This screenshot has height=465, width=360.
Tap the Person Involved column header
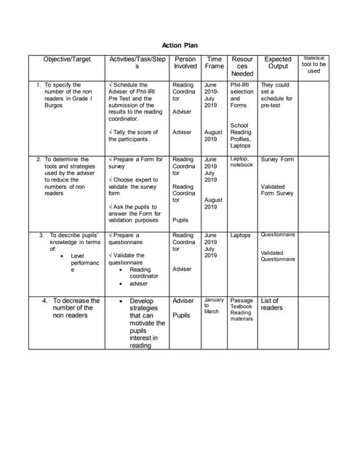coord(185,62)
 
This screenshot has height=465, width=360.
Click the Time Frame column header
coord(215,62)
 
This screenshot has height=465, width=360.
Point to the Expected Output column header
coord(278,62)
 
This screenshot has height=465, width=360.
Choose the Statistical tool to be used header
coord(313,64)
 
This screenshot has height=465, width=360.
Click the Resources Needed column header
coord(242,66)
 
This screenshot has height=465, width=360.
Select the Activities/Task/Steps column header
coord(137,62)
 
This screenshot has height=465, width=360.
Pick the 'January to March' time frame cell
coord(214,305)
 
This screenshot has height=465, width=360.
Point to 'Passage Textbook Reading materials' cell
coord(241,310)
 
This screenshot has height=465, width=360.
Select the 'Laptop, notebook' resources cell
coord(241,161)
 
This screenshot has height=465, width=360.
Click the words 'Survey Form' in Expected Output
coord(277,159)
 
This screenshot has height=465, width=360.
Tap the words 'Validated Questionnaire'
coord(278,256)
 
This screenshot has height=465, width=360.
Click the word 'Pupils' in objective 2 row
coord(180,219)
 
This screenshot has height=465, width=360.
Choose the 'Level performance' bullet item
coord(82,262)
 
